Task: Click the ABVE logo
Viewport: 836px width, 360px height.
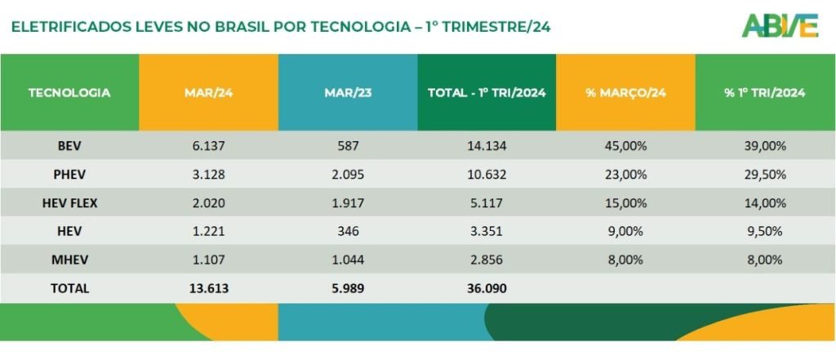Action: (780, 25)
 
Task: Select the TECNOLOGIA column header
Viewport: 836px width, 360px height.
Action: (69, 93)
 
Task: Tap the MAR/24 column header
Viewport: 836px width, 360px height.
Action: (208, 93)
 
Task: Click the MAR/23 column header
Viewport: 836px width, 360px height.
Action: (348, 93)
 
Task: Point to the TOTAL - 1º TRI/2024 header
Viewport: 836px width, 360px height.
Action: (487, 93)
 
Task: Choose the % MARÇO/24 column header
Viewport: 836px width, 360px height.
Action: (626, 93)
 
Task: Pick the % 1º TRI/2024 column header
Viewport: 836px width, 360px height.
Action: (765, 93)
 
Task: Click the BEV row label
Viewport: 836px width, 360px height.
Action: (69, 146)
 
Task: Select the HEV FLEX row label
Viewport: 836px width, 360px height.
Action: (69, 203)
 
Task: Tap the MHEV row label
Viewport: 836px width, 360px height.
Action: (69, 260)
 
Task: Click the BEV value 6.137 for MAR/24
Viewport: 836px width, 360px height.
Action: (208, 146)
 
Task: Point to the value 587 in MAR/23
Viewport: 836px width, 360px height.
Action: (348, 146)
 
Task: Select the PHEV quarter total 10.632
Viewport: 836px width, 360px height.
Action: (487, 175)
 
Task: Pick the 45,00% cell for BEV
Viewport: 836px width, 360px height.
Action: (626, 146)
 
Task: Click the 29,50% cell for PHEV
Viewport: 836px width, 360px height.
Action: (765, 175)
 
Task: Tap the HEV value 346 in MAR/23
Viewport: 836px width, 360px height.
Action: (348, 232)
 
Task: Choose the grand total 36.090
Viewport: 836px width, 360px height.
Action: (487, 288)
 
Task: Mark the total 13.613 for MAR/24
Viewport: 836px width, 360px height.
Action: (208, 288)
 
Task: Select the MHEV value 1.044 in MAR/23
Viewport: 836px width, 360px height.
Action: (348, 260)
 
